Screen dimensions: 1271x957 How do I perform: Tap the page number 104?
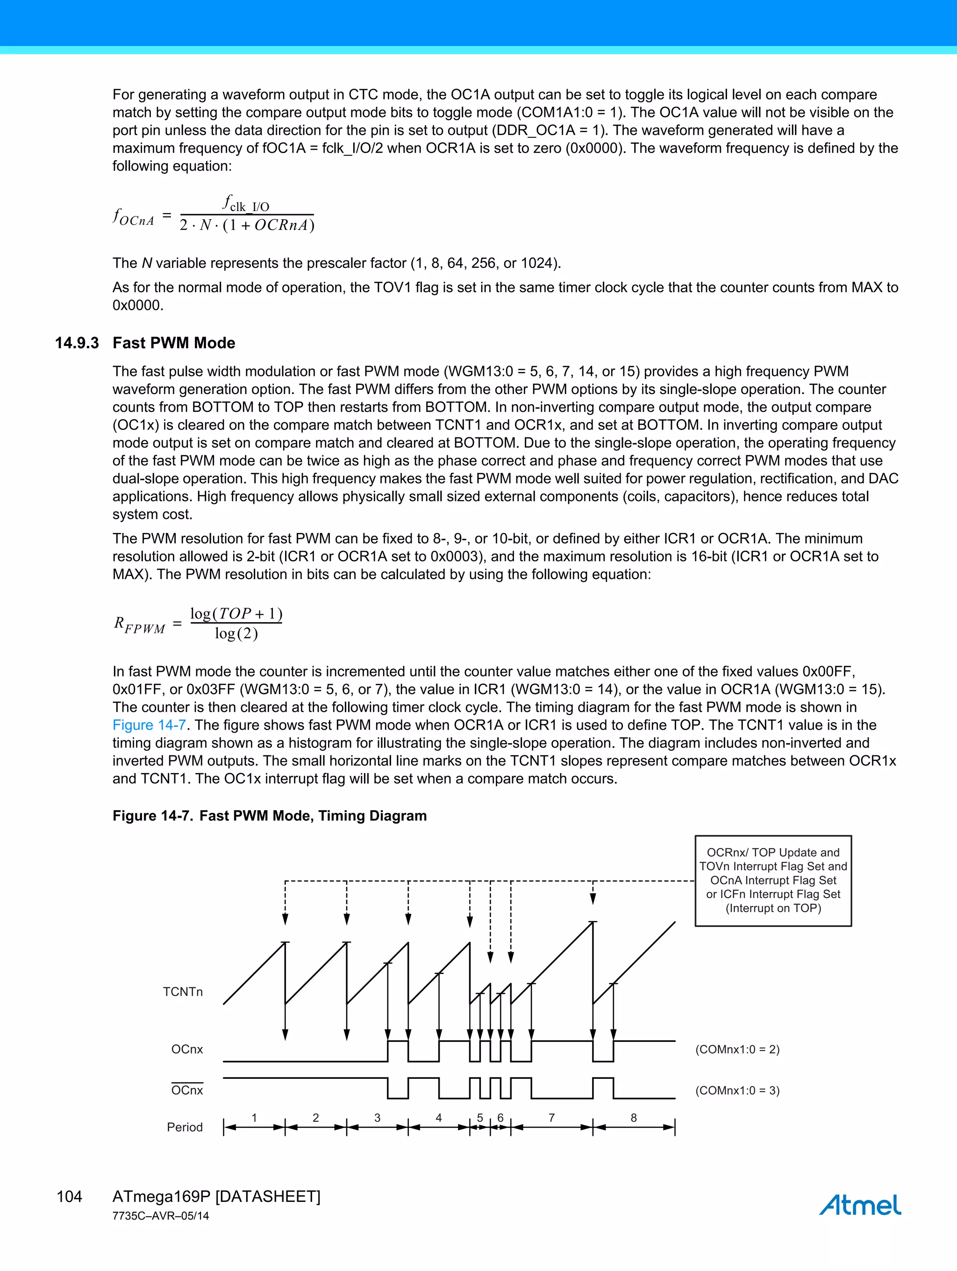[x=70, y=1196]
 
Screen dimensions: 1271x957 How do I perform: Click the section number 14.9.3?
[x=77, y=343]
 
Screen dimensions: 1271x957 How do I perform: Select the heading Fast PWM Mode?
[x=174, y=343]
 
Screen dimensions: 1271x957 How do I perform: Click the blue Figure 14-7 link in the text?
[x=149, y=725]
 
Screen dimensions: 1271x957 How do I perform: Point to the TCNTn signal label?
[x=183, y=992]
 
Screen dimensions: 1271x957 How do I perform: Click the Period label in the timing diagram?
[x=185, y=1127]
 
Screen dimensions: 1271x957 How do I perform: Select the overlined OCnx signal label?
[x=187, y=1091]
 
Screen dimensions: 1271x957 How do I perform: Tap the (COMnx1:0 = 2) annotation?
[x=737, y=1049]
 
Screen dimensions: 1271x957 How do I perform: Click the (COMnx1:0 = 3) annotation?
[x=737, y=1091]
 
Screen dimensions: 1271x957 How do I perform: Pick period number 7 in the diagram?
[x=551, y=1118]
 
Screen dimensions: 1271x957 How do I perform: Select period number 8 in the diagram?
[x=634, y=1118]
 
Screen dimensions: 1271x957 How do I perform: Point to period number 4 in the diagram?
[x=438, y=1118]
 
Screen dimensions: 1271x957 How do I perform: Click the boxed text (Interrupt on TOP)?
[x=773, y=908]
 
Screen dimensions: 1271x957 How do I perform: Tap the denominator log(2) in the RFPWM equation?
[x=236, y=634]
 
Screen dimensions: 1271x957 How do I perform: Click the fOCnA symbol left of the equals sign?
[x=134, y=217]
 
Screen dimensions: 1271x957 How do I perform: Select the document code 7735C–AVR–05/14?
[x=161, y=1216]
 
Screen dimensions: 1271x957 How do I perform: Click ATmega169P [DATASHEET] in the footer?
[x=216, y=1196]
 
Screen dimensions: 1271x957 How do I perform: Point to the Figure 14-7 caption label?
[x=152, y=816]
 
